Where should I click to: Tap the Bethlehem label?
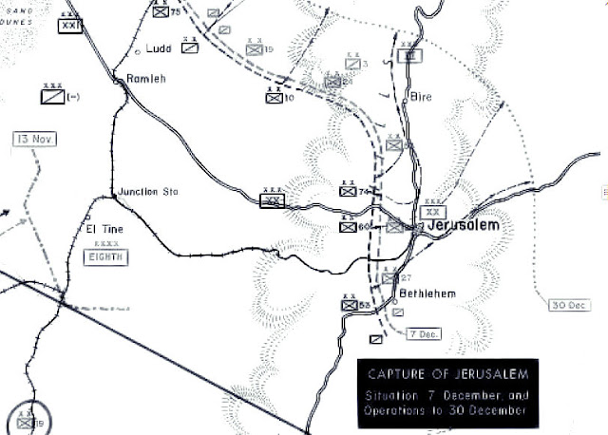[427, 294]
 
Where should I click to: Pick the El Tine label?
[104, 230]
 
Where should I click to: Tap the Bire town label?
[422, 97]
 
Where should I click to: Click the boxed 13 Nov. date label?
[35, 139]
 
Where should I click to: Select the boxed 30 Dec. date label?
[570, 305]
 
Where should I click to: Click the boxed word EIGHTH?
[105, 256]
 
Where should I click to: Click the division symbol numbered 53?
[349, 305]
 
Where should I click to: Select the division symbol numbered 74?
[348, 192]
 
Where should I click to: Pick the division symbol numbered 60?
[349, 227]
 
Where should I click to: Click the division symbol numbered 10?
[274, 97]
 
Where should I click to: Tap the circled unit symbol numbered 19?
[25, 421]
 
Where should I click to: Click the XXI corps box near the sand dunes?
[70, 26]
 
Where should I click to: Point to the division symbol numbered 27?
[389, 277]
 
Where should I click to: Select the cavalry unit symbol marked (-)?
[52, 96]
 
